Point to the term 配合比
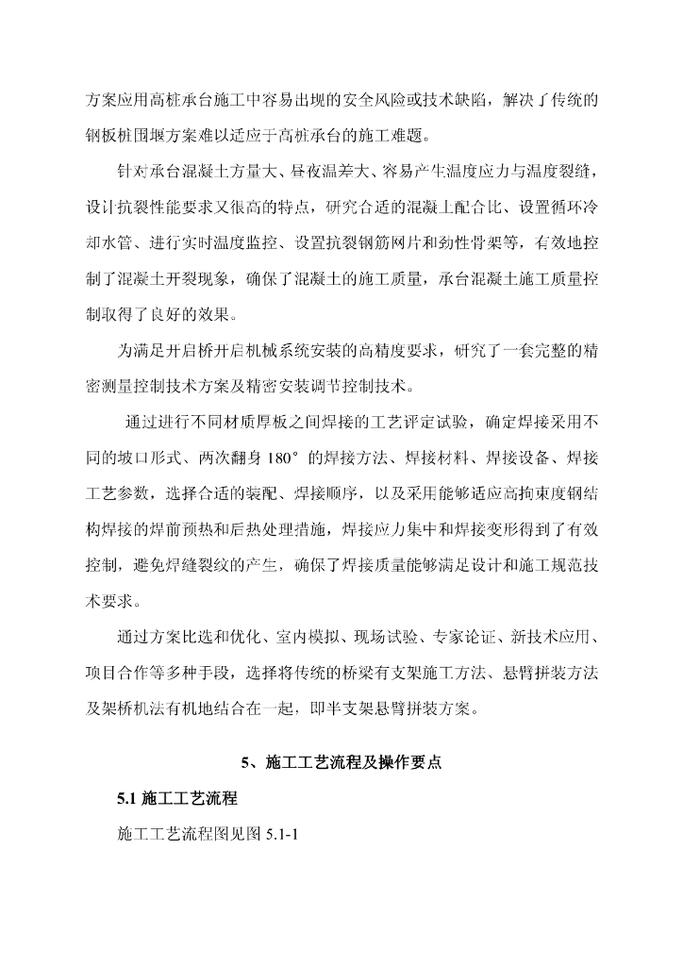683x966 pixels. click(468, 208)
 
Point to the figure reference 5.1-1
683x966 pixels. click(281, 834)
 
